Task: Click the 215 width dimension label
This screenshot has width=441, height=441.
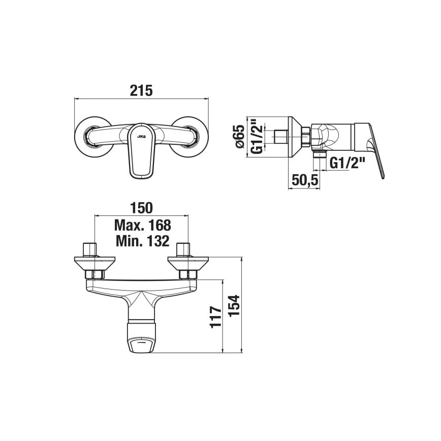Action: coord(141,90)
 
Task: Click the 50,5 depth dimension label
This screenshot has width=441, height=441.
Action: coord(305,180)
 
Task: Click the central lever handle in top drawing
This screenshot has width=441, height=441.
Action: coord(141,152)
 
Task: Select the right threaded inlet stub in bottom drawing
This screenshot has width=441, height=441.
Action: coord(183,250)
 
